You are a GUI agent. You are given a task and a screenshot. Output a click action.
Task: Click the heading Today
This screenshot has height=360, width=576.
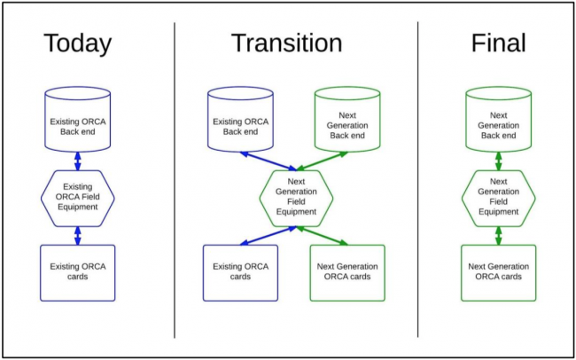click(77, 43)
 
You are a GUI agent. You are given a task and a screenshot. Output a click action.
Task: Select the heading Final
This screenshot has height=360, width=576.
click(498, 43)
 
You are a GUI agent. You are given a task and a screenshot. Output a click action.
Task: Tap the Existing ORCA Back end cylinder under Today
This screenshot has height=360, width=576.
click(77, 121)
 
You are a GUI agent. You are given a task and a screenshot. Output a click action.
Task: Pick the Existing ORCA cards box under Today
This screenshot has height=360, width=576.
click(77, 272)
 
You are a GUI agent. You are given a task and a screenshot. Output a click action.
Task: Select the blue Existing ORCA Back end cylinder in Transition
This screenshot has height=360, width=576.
click(239, 121)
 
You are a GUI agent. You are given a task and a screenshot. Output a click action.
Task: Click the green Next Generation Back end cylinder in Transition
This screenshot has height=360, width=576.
click(347, 121)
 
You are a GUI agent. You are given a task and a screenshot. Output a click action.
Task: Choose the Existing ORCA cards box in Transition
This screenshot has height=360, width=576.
click(239, 272)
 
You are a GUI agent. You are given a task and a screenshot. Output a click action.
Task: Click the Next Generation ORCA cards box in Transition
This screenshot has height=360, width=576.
click(347, 272)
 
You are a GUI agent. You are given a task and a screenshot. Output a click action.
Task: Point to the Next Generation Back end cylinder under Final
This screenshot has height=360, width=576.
click(498, 121)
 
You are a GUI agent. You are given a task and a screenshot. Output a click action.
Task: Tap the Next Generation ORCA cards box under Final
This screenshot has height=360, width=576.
click(498, 272)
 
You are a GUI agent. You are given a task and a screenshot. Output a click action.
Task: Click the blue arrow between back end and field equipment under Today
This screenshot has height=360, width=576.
click(78, 160)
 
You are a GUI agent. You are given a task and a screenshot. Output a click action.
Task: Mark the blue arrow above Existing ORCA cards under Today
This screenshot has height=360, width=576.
click(78, 236)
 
